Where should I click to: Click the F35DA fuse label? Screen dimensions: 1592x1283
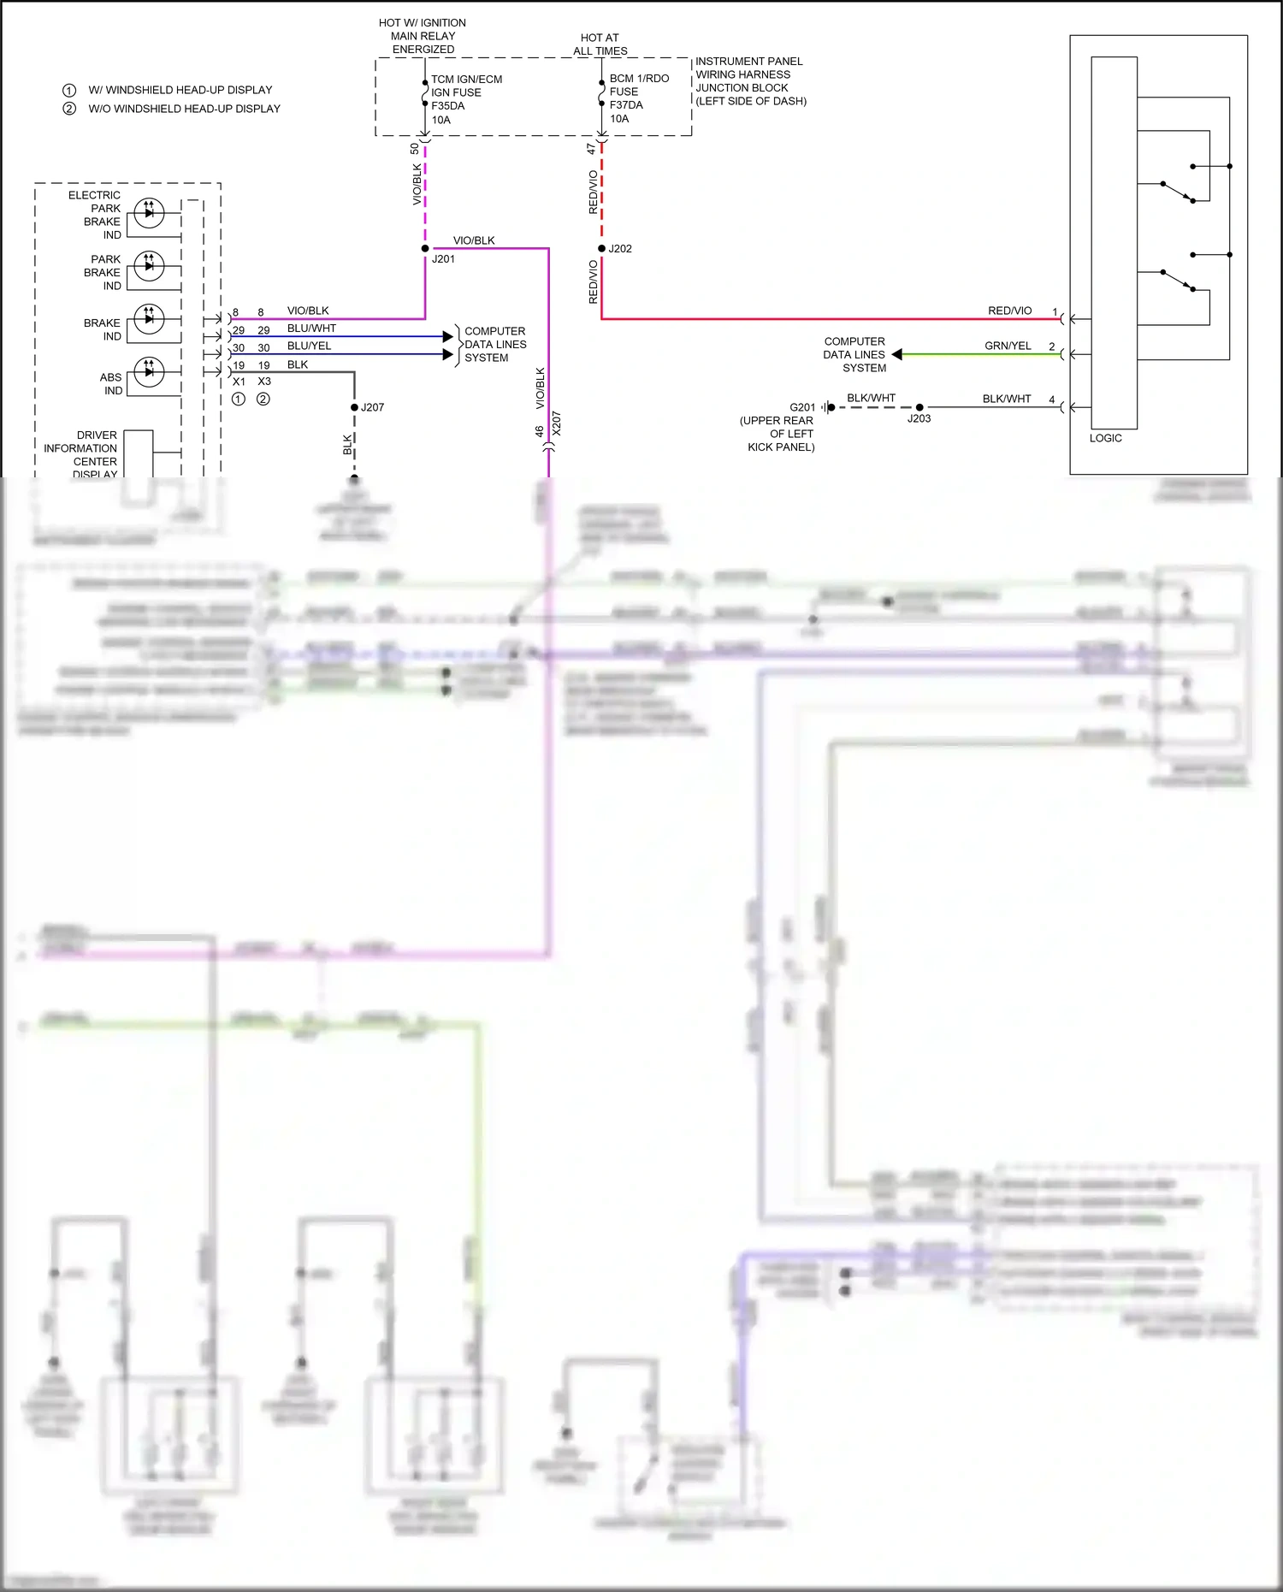click(x=447, y=106)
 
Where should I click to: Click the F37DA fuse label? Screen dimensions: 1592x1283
click(x=626, y=105)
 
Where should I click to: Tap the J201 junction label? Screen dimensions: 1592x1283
click(x=443, y=259)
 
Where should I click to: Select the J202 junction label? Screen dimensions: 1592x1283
click(x=620, y=249)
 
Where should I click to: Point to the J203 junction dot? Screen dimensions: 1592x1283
click(x=919, y=407)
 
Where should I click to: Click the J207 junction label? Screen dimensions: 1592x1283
click(x=372, y=407)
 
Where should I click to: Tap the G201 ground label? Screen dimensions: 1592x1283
click(x=802, y=407)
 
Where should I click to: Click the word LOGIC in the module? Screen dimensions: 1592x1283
click(x=1105, y=438)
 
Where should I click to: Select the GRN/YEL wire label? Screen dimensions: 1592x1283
click(x=1008, y=346)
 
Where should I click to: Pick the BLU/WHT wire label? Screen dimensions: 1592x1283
click(x=311, y=328)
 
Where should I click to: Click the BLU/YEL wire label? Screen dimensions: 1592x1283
click(x=309, y=346)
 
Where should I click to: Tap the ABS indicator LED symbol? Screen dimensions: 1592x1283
click(x=150, y=372)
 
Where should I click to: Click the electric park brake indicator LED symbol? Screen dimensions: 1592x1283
click(x=150, y=212)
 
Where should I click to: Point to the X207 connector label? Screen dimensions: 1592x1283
click(x=557, y=423)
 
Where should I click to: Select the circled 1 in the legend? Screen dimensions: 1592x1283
click(x=69, y=90)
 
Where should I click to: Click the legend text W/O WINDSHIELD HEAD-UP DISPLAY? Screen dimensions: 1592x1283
click(x=184, y=109)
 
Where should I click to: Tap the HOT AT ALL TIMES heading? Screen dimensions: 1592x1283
click(x=600, y=44)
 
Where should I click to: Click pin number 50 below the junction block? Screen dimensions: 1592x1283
click(x=415, y=149)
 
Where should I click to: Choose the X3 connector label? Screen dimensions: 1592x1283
click(x=264, y=382)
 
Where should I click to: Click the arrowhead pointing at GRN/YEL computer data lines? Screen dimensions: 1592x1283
click(x=897, y=354)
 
